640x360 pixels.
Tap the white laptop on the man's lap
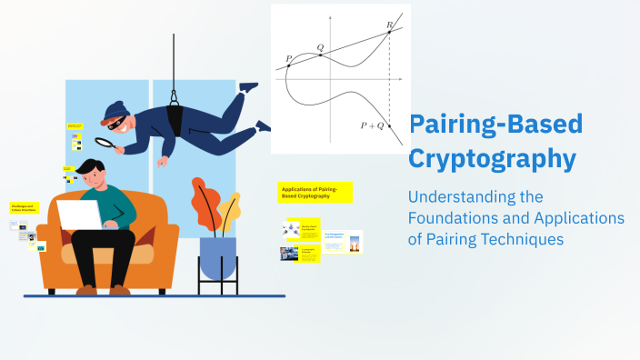[x=81, y=215]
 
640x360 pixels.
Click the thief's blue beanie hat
[x=115, y=111]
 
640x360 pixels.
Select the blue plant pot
[x=217, y=257]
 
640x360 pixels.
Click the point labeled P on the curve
[x=288, y=66]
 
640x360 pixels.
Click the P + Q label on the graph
[x=372, y=125]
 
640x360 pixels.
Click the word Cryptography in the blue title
[x=492, y=158]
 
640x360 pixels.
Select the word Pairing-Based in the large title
[x=495, y=124]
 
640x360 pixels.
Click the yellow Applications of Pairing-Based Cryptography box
[x=315, y=192]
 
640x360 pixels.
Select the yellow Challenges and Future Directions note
[x=25, y=208]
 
